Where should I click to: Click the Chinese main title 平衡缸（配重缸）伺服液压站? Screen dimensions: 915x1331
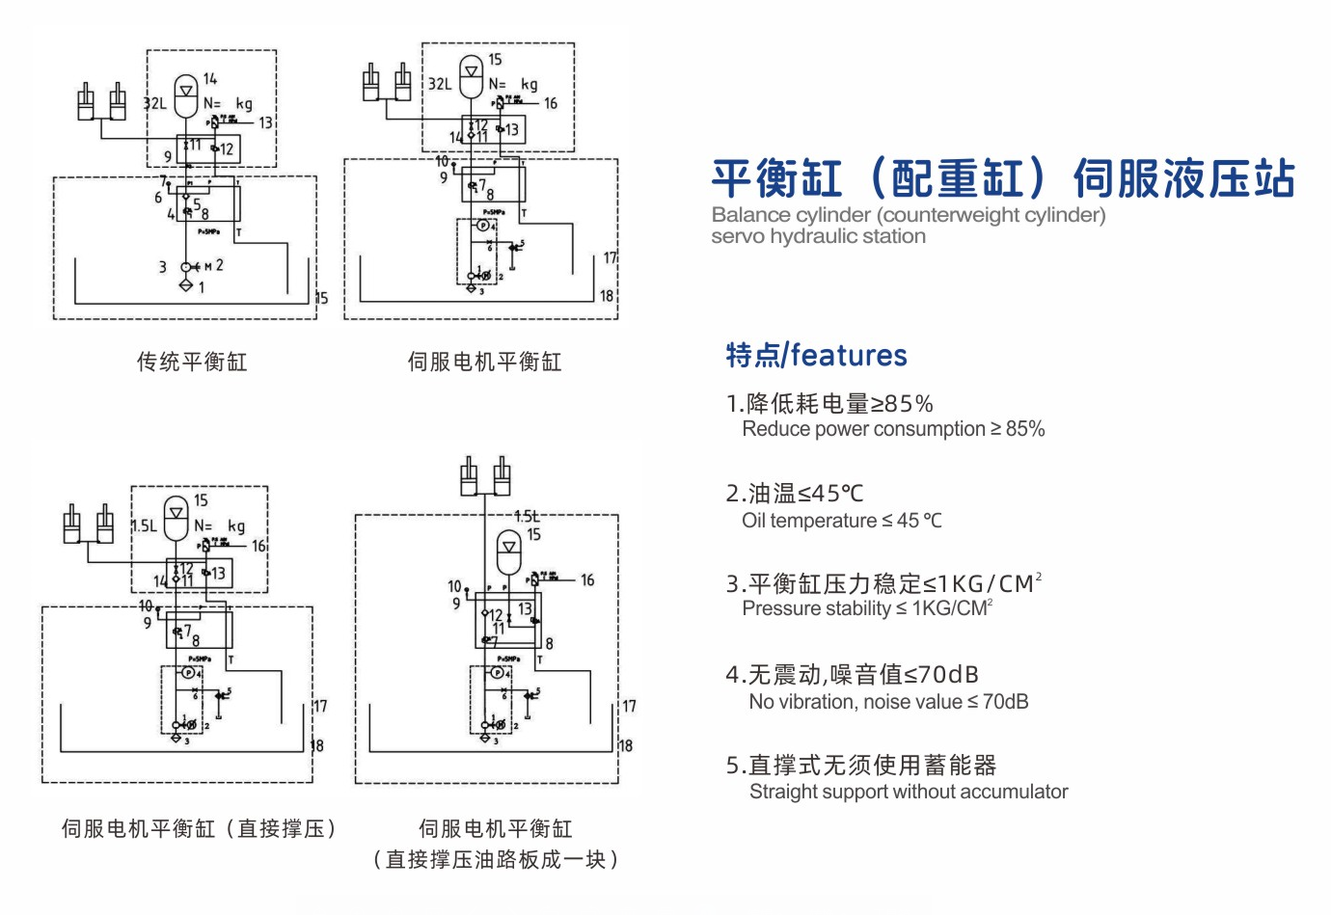(1002, 179)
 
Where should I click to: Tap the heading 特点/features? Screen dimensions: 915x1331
(816, 356)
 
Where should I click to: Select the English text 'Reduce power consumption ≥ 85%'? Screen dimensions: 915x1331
(893, 429)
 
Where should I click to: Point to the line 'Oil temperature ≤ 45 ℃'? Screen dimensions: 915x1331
(841, 521)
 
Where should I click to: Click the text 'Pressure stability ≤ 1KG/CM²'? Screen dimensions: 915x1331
(866, 608)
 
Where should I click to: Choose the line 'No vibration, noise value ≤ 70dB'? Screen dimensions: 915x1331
(888, 702)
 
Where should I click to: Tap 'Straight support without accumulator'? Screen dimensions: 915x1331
(909, 792)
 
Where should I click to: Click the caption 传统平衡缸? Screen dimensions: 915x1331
(192, 362)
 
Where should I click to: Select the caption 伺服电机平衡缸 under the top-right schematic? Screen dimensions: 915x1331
(484, 362)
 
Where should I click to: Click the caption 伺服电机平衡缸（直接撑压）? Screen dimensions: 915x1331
(199, 828)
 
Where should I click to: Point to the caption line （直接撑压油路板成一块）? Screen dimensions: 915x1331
(495, 859)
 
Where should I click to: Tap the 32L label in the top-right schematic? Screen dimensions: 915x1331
(440, 84)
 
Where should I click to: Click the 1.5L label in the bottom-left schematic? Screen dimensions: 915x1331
(144, 525)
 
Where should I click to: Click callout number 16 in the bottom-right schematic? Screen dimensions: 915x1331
(587, 580)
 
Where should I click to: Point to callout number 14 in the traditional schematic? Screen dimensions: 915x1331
(210, 79)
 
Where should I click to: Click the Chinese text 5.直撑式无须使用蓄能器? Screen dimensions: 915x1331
(860, 766)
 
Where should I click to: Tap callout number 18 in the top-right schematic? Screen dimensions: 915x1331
(607, 296)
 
